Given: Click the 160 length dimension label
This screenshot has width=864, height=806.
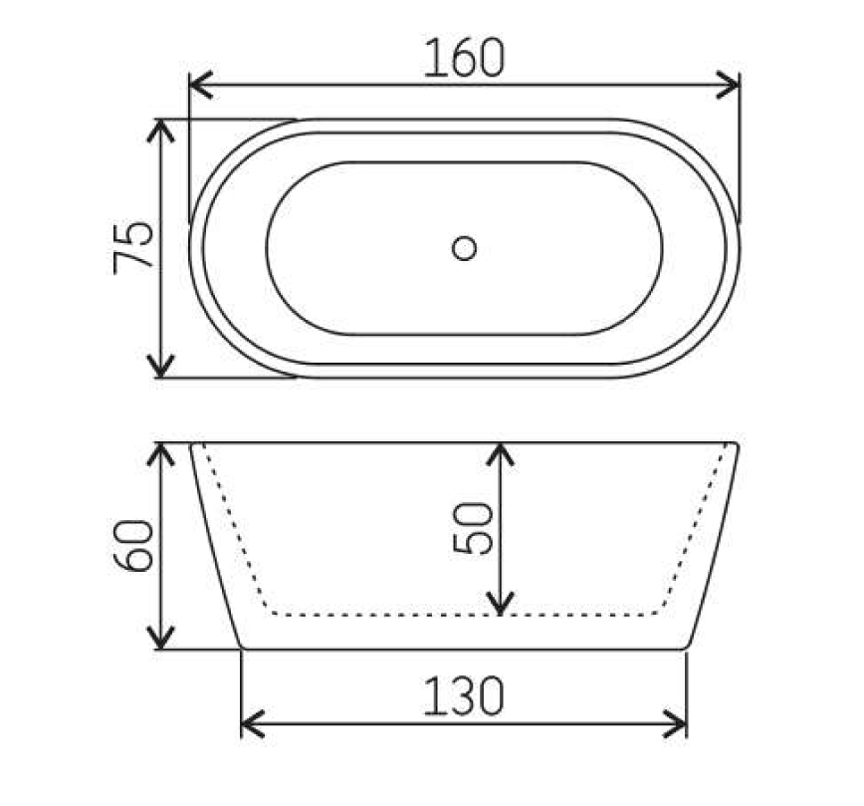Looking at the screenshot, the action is tap(464, 58).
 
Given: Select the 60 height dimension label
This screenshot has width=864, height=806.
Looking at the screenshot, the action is tap(132, 546).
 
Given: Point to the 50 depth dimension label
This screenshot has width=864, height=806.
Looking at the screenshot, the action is tap(472, 528).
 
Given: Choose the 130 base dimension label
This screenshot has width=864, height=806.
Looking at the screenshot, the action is tap(464, 695).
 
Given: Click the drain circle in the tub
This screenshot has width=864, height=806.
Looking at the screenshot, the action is tap(464, 248).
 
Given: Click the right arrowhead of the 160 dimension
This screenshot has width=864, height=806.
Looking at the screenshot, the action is tap(728, 85).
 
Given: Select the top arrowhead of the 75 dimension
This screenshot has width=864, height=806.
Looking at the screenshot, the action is tap(160, 131).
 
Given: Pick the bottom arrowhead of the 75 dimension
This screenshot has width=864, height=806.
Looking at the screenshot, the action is tap(160, 367).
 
